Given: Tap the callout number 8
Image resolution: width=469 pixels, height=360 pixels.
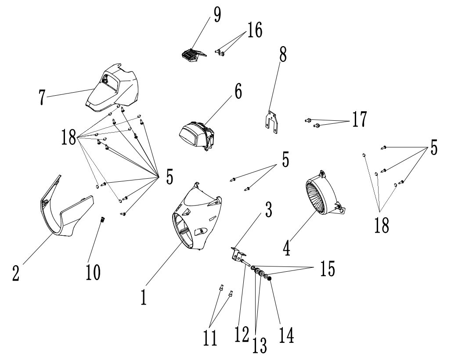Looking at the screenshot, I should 283,56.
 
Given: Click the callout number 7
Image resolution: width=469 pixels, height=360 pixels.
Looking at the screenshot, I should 42,97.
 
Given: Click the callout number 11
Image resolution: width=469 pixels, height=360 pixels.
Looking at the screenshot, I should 211,338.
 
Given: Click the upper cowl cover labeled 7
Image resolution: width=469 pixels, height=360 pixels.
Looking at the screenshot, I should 113,88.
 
